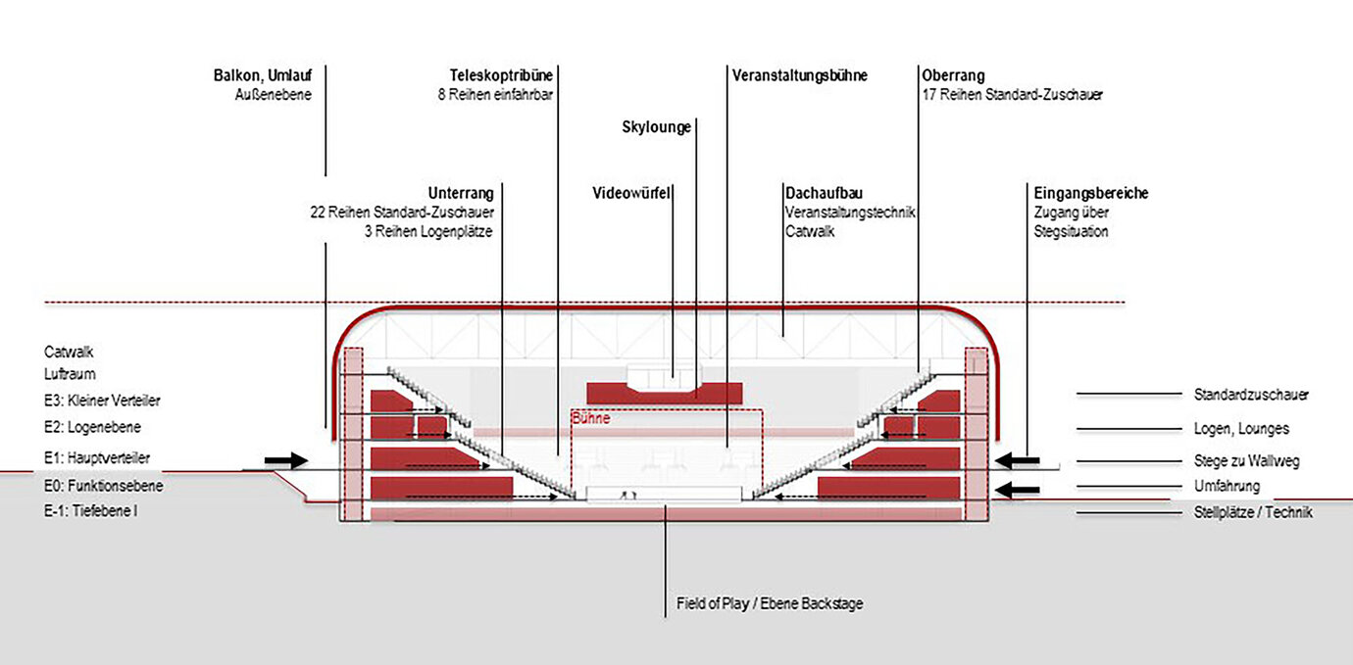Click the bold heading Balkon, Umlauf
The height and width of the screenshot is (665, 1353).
point(263,75)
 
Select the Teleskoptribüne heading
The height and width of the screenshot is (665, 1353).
point(495,75)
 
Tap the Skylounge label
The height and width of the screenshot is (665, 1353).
point(657,127)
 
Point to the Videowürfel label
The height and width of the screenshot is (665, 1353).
point(631,193)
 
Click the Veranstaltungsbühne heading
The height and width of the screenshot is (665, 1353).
point(799,75)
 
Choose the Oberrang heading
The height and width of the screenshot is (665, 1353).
point(953,75)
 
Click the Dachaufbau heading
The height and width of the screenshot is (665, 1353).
point(824,193)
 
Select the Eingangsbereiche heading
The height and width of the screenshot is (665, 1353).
point(1090,193)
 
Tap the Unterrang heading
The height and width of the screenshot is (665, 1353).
point(461,193)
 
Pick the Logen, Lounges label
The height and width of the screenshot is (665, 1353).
point(1241,428)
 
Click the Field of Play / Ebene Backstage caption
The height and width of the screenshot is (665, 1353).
point(770,604)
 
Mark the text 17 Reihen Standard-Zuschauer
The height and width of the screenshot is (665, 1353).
point(1013,95)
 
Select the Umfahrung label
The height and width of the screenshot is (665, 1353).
point(1227,486)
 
